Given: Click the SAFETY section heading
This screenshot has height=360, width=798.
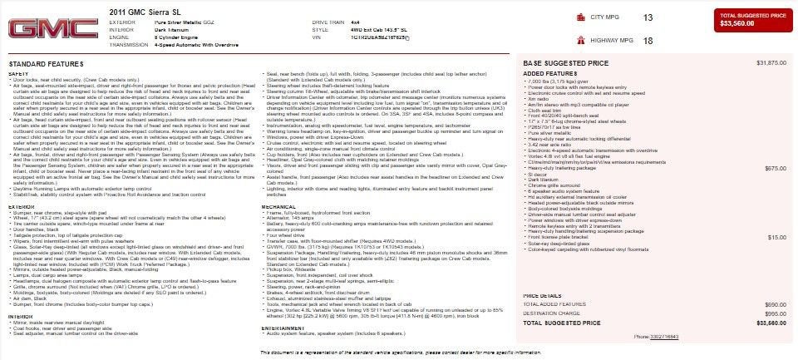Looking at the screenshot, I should point(18,73).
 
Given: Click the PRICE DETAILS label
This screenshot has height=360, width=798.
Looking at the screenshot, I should point(543,295).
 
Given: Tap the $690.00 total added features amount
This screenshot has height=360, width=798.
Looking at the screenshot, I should point(775,305).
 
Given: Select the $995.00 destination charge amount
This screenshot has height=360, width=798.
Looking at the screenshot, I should point(775,313).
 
